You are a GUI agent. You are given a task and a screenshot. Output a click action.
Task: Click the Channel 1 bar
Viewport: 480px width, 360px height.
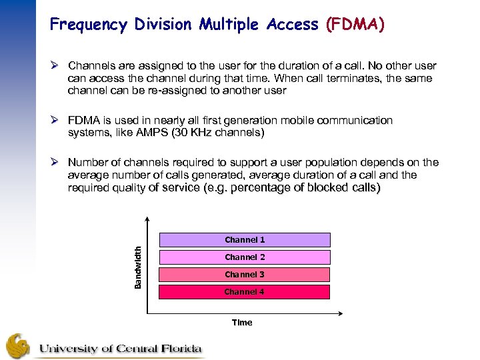click(244, 240)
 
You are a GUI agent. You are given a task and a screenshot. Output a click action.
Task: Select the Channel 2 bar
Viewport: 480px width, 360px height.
click(244, 257)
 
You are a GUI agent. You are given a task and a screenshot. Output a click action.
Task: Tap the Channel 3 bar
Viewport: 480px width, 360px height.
click(244, 275)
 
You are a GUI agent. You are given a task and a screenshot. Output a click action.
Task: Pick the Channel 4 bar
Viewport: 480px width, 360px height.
click(244, 292)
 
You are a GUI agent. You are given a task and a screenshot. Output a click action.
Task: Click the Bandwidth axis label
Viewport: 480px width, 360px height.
click(138, 267)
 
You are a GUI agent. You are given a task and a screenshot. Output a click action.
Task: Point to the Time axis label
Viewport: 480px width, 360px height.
click(242, 323)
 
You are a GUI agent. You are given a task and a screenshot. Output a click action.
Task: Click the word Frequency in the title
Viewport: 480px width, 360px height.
click(87, 25)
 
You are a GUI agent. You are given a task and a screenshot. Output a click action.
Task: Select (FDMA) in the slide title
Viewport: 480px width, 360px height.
click(355, 25)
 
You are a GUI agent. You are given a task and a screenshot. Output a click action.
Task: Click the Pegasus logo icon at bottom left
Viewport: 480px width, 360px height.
click(18, 346)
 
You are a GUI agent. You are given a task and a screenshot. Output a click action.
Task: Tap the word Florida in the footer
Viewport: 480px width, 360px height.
click(176, 348)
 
